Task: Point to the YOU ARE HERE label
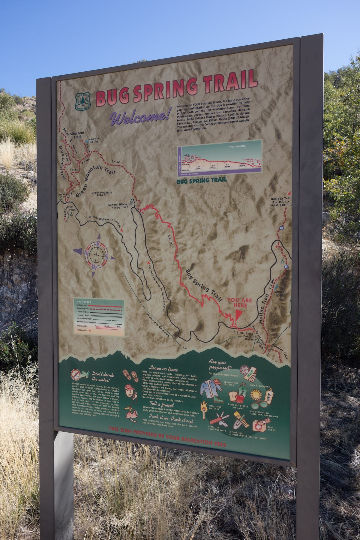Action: pyautogui.click(x=239, y=303)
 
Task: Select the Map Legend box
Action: pyautogui.click(x=99, y=318)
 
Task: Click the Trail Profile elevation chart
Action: pyautogui.click(x=220, y=160)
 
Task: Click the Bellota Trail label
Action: pyautogui.click(x=281, y=202)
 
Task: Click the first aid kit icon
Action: pyautogui.click(x=259, y=425)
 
